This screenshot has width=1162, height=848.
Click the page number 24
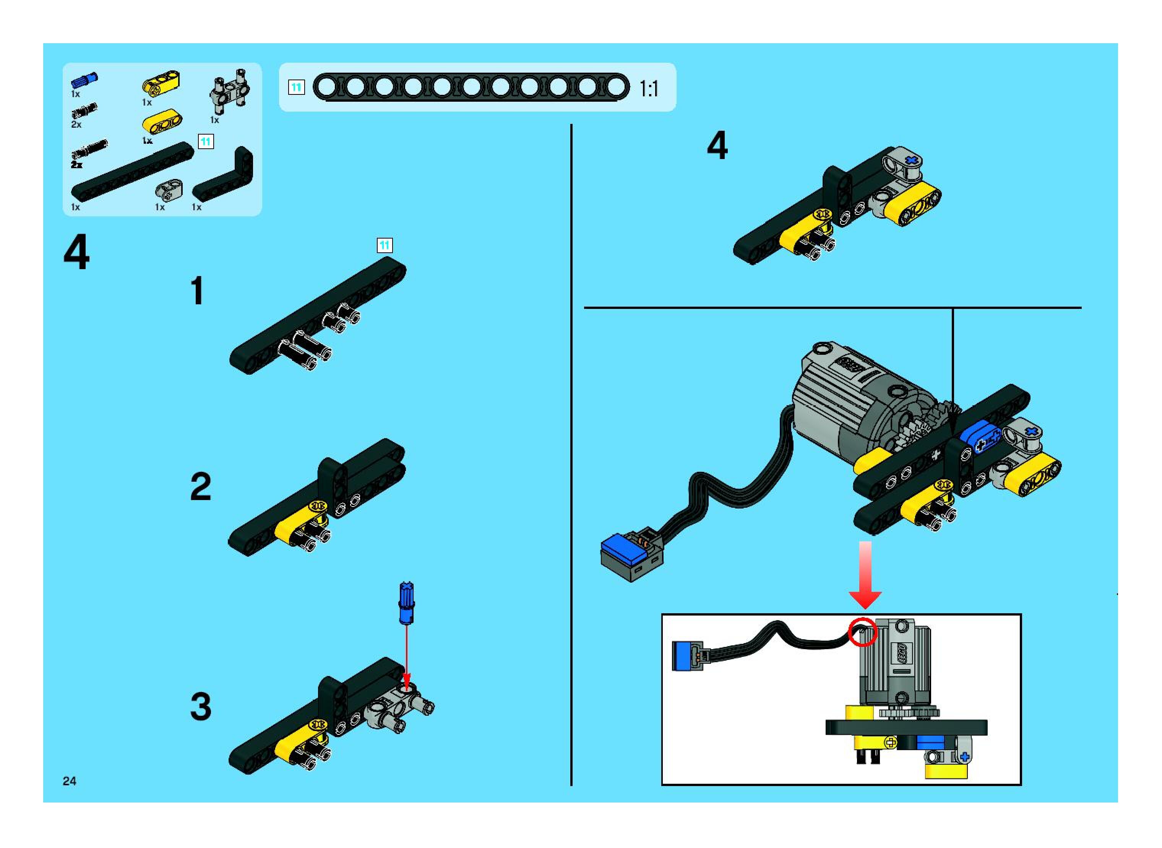pos(69,781)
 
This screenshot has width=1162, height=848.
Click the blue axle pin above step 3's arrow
pos(406,603)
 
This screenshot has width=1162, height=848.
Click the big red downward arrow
pos(865,575)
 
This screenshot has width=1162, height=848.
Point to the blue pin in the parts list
pos(84,80)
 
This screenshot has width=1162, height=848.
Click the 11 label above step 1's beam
pos(385,245)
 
